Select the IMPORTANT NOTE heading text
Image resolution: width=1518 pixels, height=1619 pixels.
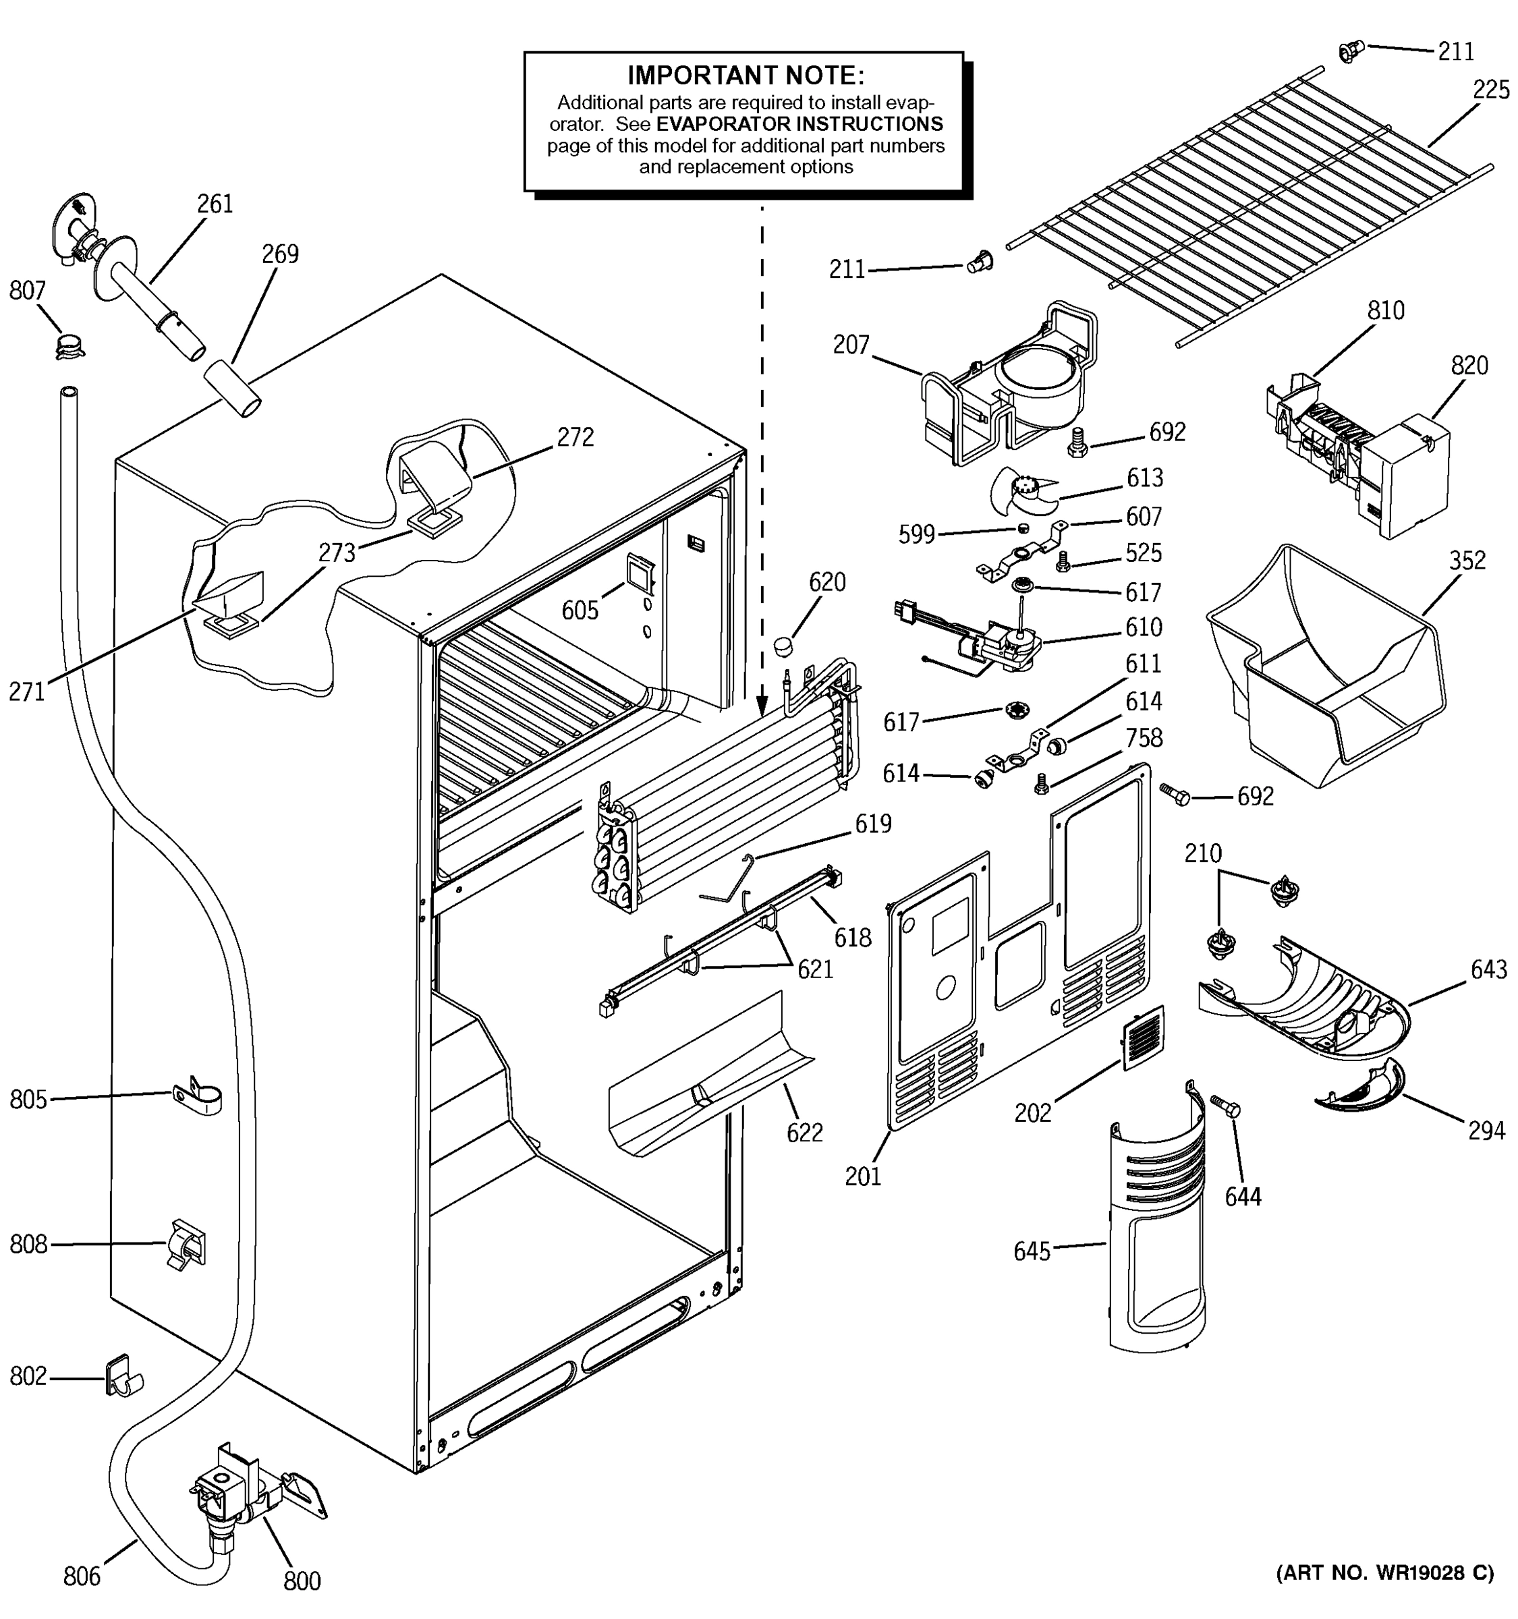click(x=745, y=76)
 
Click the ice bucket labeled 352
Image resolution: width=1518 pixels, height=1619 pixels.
click(x=1328, y=668)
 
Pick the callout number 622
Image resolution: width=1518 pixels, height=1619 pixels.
click(x=805, y=1133)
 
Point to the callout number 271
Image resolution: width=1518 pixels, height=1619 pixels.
click(x=27, y=692)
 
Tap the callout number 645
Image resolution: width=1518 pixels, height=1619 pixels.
click(x=1032, y=1251)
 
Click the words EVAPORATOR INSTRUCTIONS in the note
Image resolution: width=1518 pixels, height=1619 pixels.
click(x=799, y=124)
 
